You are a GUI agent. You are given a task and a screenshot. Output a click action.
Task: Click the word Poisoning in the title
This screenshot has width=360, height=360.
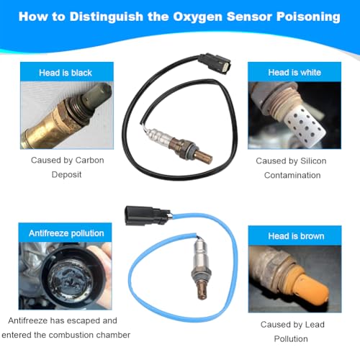[308, 17]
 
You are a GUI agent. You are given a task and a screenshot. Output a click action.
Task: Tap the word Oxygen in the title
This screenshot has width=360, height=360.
[198, 17]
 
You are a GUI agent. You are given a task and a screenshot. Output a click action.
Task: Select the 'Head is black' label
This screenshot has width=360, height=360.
[66, 73]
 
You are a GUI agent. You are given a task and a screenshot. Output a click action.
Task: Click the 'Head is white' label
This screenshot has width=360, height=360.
[294, 72]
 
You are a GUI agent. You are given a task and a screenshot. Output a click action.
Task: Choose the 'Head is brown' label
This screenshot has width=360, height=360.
[296, 236]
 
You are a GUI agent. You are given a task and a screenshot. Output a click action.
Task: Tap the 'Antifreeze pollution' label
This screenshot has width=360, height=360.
[66, 233]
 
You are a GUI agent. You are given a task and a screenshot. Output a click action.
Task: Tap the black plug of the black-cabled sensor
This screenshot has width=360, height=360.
[215, 63]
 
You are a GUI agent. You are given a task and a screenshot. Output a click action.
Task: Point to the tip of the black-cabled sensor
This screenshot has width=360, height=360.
[211, 160]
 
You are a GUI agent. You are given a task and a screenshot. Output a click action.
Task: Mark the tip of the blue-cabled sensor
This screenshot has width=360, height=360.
[202, 297]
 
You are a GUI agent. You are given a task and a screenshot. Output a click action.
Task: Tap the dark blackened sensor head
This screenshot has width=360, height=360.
[98, 96]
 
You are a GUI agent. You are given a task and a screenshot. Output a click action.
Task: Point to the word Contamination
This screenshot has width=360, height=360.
[292, 175]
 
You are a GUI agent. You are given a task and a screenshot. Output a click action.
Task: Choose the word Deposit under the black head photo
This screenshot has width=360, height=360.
[66, 174]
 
